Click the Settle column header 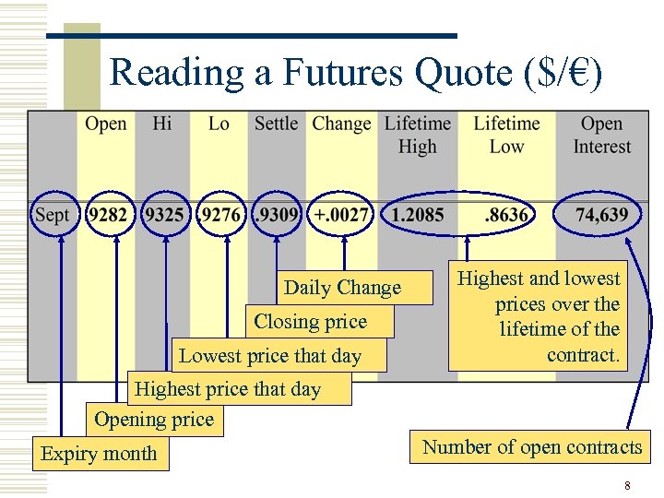click(276, 125)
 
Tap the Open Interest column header click(601, 135)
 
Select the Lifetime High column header click(417, 135)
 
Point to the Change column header click(341, 125)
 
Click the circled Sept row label click(53, 216)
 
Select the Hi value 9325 click(164, 216)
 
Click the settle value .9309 click(277, 216)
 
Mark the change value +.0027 click(342, 216)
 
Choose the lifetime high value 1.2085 click(417, 216)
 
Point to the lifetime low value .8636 click(506, 216)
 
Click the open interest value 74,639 click(601, 216)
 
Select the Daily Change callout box click(342, 288)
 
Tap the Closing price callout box click(311, 322)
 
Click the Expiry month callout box click(100, 454)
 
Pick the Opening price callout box click(154, 420)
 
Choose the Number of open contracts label click(532, 447)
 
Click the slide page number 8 click(627, 485)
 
